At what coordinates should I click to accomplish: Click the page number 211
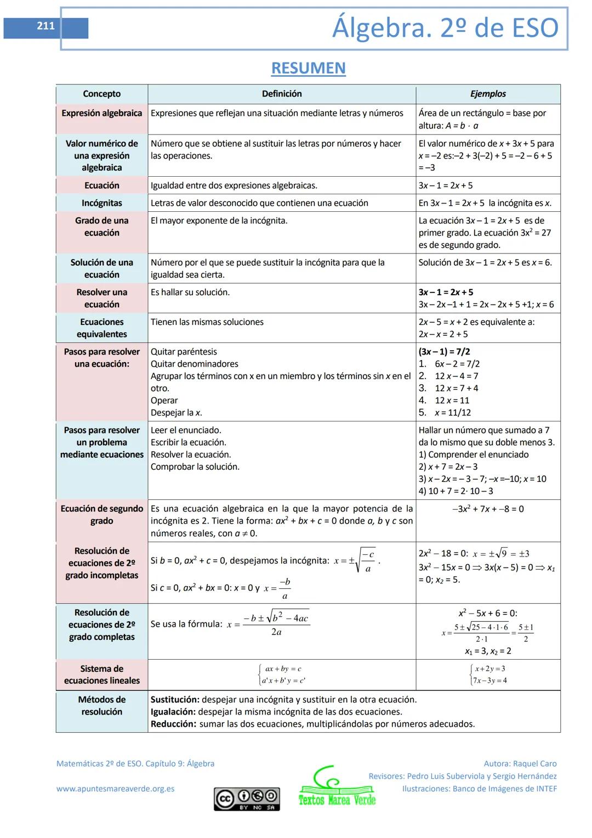[46, 26]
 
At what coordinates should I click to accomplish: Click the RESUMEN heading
[308, 68]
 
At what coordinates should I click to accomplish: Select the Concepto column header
[101, 94]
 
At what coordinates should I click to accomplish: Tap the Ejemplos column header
[487, 94]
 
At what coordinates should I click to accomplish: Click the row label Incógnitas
[101, 203]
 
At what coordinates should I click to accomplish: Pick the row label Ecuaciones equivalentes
[101, 328]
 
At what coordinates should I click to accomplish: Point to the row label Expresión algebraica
[101, 113]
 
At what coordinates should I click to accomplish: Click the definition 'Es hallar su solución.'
[190, 293]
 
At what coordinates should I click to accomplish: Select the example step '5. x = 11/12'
[445, 413]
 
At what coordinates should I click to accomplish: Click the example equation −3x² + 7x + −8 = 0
[488, 509]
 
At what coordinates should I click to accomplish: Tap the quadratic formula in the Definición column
[269, 625]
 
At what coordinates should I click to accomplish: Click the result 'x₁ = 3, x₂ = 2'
[488, 651]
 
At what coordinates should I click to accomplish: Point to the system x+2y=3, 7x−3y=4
[488, 674]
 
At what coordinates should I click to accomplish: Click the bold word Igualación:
[173, 712]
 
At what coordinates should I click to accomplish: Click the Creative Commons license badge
[247, 798]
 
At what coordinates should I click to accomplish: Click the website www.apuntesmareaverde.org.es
[115, 789]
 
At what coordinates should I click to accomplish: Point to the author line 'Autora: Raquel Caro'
[520, 763]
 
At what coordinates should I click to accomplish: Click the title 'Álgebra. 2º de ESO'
[445, 28]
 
